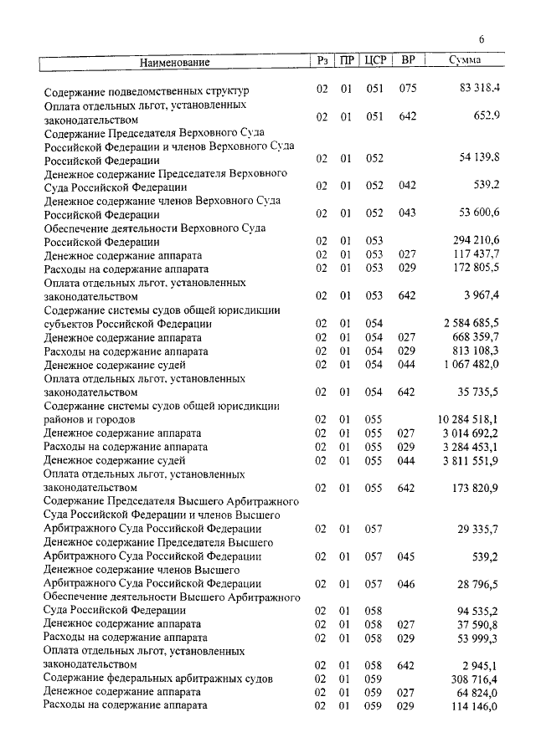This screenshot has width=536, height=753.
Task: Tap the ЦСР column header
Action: [x=374, y=61]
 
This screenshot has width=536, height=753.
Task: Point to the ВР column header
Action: [x=408, y=61]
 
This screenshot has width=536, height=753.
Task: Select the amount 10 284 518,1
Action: [x=468, y=418]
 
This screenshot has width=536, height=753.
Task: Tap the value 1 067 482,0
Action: [x=471, y=365]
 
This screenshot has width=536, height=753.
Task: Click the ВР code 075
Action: [x=408, y=90]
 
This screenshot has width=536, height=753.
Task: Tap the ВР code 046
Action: [x=408, y=583]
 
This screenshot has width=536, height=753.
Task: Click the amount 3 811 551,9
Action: [x=471, y=460]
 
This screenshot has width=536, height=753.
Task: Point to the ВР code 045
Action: [x=408, y=556]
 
